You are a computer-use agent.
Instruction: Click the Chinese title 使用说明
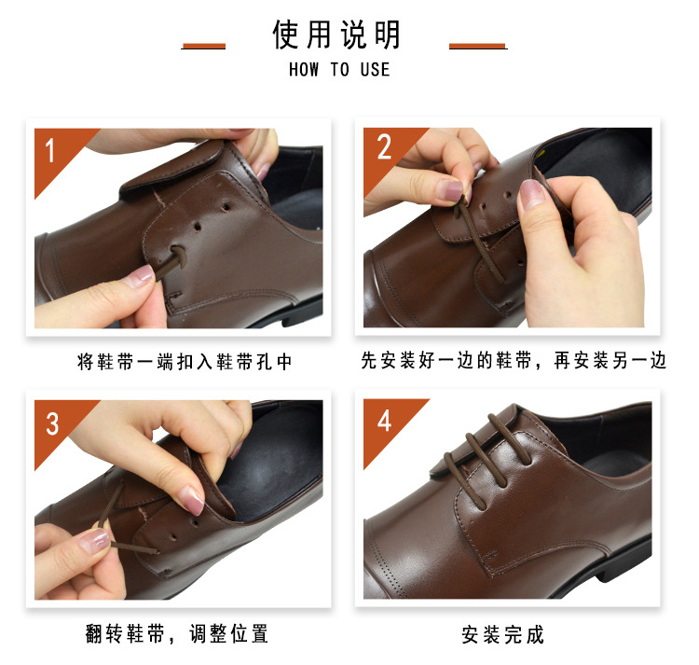337,35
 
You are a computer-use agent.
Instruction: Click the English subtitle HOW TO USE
338,70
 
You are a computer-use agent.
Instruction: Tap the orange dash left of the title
203,45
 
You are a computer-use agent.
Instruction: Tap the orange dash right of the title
477,45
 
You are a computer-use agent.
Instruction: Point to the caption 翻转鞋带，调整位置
176,634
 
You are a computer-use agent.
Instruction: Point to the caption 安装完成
502,635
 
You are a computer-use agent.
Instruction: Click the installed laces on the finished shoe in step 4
485,448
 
